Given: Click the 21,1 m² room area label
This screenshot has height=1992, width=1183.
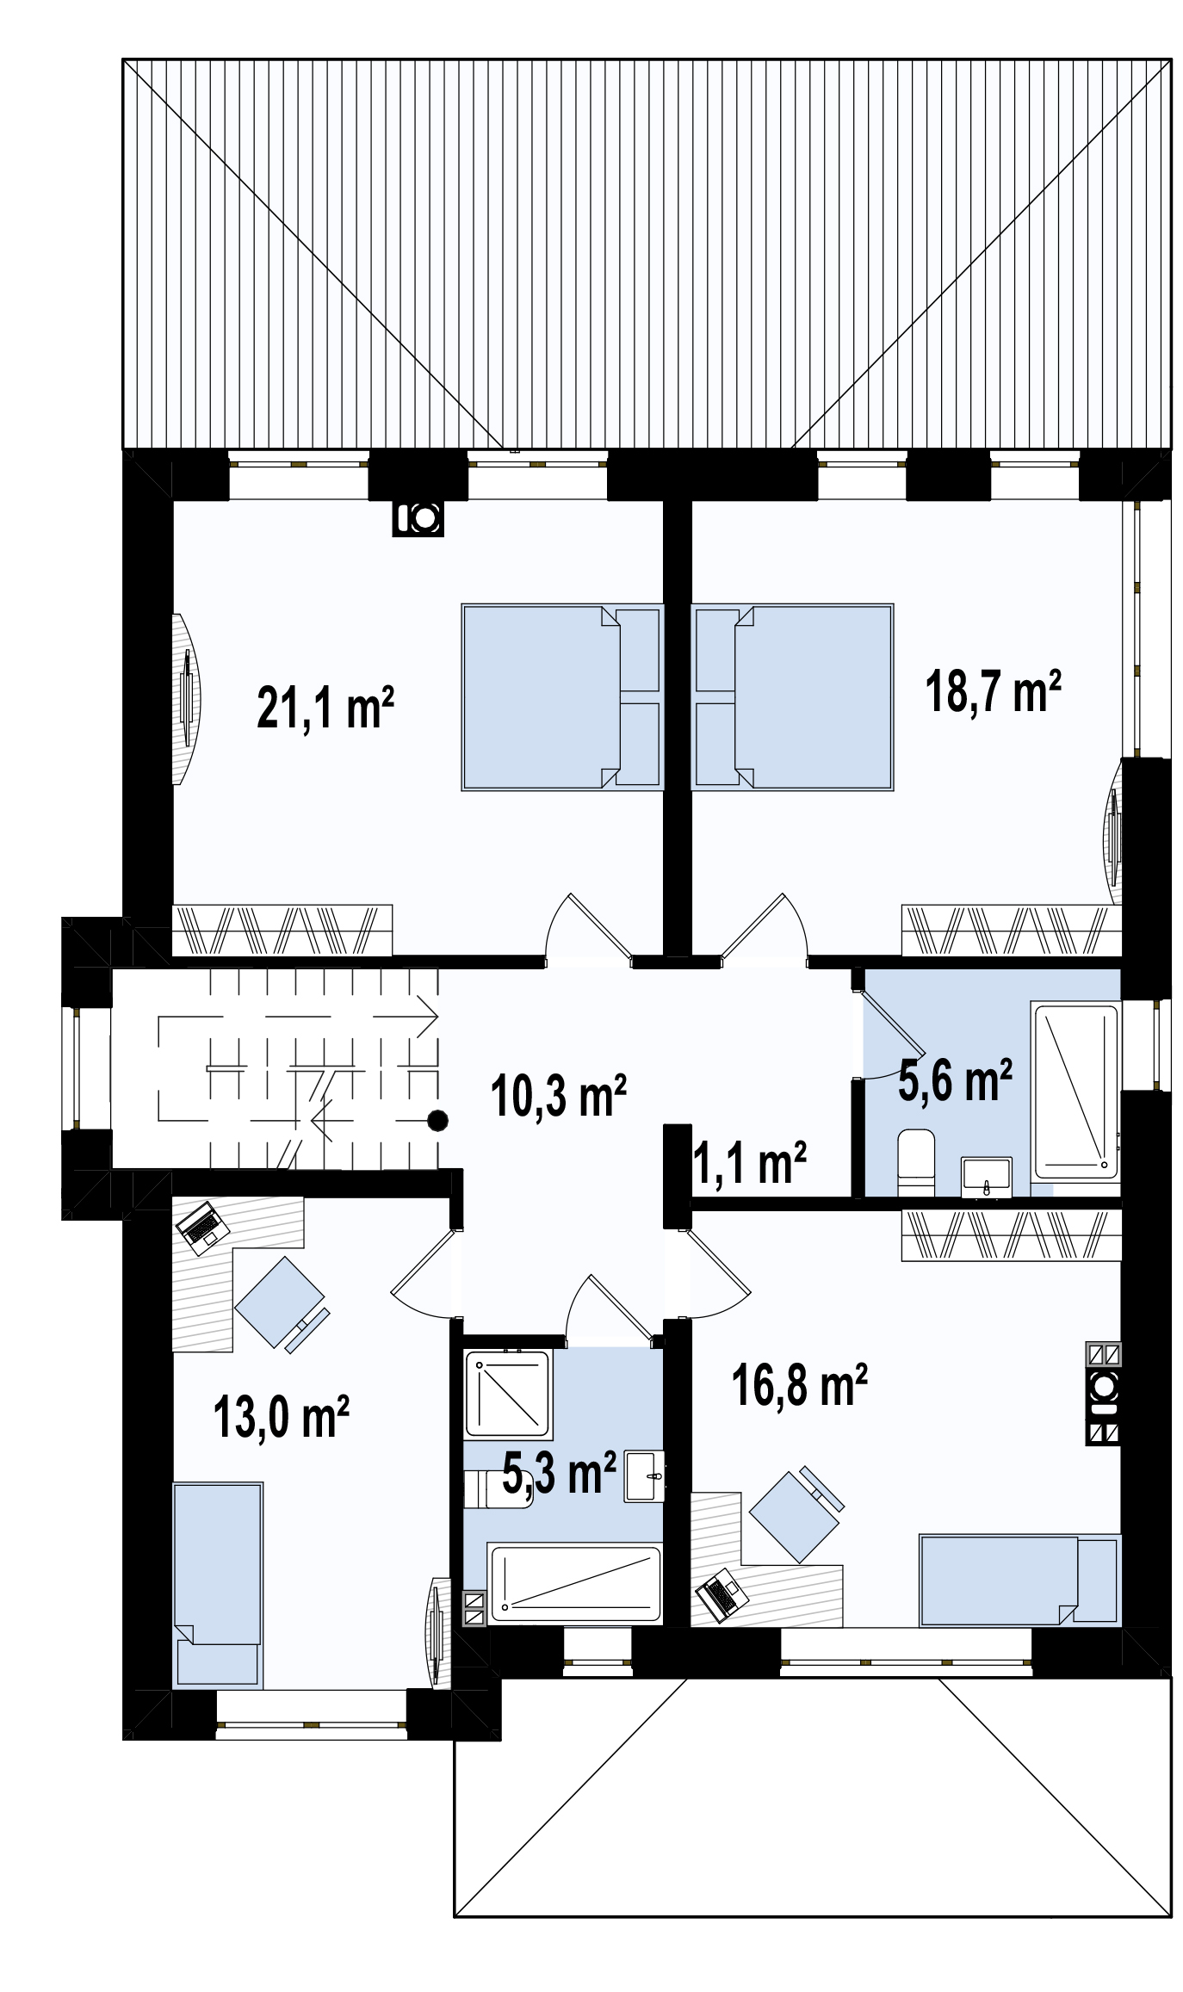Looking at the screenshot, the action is pyautogui.click(x=325, y=708).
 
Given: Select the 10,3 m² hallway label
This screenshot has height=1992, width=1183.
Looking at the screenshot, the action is pyautogui.click(x=558, y=1095).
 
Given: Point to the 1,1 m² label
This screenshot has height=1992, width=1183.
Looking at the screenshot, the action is pyautogui.click(x=750, y=1163).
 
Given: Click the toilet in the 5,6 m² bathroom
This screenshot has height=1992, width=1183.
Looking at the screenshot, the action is pyautogui.click(x=916, y=1162).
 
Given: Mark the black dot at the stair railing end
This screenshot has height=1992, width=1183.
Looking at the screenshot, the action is pyautogui.click(x=438, y=1120).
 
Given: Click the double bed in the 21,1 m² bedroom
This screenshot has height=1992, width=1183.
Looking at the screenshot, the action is pyautogui.click(x=562, y=697).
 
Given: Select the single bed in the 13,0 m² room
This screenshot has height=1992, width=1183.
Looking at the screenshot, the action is pyautogui.click(x=218, y=1584).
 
